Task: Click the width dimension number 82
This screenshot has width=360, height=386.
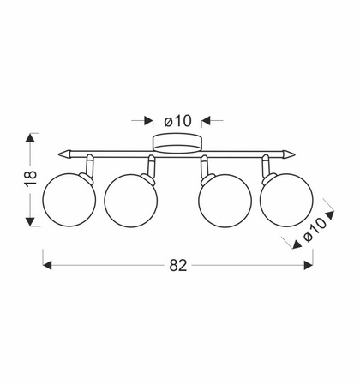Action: (178, 265)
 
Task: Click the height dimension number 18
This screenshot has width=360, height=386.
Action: (31, 178)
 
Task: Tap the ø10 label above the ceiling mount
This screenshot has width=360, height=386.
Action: (177, 121)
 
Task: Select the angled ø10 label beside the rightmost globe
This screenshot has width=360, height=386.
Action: (315, 230)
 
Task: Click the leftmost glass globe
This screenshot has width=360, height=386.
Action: (69, 200)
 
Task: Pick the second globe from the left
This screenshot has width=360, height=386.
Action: (130, 201)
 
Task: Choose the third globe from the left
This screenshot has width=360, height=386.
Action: (225, 201)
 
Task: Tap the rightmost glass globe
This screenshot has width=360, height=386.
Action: (286, 200)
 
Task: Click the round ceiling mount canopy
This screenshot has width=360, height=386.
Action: (177, 142)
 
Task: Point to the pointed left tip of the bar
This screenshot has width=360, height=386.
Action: (59, 154)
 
